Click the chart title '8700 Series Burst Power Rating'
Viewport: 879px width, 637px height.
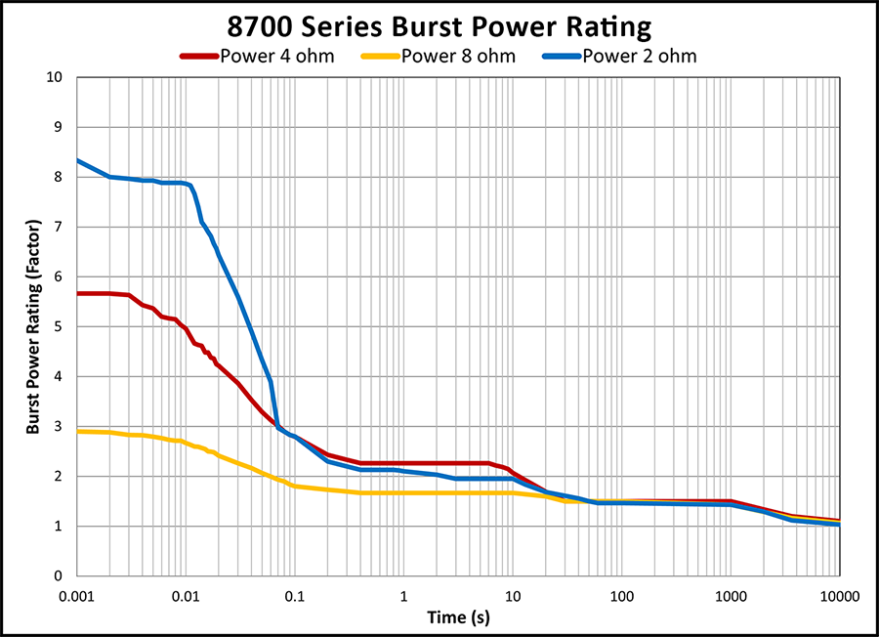pos(439,23)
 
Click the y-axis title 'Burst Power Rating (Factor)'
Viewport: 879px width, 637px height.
pos(32,327)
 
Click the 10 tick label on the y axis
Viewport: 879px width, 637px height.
pos(57,77)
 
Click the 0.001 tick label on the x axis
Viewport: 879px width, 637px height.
pos(78,594)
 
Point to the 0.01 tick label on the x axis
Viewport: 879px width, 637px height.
pos(187,594)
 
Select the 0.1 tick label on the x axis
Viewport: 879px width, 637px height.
pos(295,594)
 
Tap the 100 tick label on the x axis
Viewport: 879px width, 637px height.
pos(621,594)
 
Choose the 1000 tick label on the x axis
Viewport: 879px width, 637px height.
pos(731,594)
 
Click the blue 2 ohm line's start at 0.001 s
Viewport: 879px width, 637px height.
pos(78,160)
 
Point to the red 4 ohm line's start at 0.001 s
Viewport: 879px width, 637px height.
pos(78,293)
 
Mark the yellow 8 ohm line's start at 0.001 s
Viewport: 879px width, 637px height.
pos(78,431)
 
